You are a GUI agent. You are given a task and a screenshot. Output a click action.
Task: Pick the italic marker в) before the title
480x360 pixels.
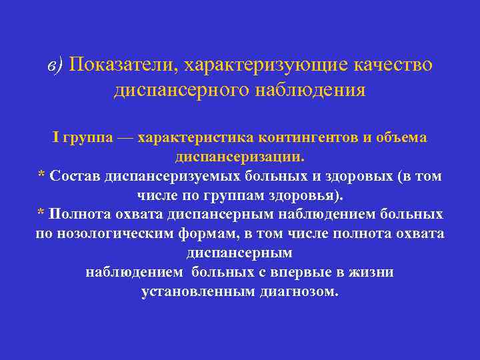coord(55,65)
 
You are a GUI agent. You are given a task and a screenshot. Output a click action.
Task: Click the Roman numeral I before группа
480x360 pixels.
coord(56,137)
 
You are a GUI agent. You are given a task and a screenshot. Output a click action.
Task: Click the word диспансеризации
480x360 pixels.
coord(239,157)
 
